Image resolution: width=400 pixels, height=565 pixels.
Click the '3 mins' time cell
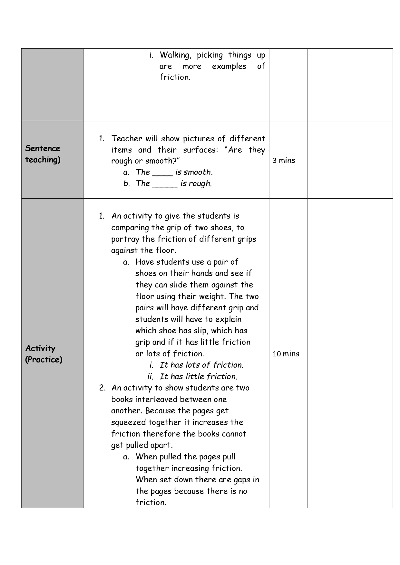[x=284, y=160]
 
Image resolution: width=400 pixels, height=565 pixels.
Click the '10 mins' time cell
[x=286, y=354]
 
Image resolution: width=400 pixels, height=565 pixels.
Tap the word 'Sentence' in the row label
[x=43, y=148]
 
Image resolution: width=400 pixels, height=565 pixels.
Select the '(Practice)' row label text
[x=44, y=360]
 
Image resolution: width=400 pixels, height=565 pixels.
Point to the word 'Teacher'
[x=127, y=139]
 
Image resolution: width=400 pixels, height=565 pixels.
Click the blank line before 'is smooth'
[x=162, y=173]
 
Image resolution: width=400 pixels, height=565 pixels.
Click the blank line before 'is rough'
[x=165, y=184]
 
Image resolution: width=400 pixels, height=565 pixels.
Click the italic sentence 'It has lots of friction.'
[x=201, y=365]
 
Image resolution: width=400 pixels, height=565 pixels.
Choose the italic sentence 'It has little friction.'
[x=198, y=377]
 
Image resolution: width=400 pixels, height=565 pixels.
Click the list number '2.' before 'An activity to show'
[x=102, y=388]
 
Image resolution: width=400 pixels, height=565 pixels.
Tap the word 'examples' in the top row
[x=229, y=67]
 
